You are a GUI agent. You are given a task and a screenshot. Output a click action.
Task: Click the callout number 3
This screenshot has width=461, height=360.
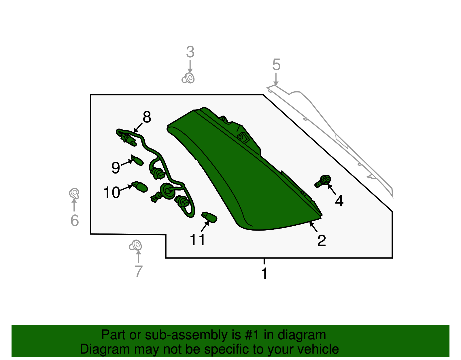[x=190, y=52]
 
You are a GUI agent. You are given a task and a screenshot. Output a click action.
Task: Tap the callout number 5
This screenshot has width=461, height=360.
[x=276, y=65]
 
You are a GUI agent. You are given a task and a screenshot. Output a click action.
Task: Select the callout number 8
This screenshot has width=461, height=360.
[x=147, y=117]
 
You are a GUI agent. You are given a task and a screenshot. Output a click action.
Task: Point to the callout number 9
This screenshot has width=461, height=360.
[x=116, y=167]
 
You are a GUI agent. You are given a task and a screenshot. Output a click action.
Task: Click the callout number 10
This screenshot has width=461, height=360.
[x=112, y=192]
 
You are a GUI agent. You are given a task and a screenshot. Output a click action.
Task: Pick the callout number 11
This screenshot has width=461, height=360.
[x=197, y=240]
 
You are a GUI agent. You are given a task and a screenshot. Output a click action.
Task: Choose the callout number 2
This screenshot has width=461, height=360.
[x=322, y=241]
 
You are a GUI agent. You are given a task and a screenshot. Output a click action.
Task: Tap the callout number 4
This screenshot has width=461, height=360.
[x=339, y=201]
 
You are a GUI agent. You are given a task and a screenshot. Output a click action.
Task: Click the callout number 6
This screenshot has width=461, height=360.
[x=75, y=220]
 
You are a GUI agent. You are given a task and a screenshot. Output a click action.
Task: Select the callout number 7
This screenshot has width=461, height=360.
[x=139, y=271]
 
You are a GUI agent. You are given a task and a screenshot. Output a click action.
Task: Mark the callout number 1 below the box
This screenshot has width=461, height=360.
[x=264, y=274]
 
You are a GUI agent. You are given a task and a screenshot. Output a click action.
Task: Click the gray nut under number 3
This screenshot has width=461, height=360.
[x=188, y=78]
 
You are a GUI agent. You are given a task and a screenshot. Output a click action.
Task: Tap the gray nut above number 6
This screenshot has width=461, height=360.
[x=74, y=193]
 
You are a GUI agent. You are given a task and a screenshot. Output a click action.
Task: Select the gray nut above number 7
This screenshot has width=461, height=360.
[x=135, y=245]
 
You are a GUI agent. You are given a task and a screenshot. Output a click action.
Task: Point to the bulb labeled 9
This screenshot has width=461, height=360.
[x=137, y=160]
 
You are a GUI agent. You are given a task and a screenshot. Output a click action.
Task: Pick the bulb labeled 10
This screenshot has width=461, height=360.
[x=139, y=187]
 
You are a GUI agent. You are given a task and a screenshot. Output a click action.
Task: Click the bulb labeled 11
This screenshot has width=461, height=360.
[x=209, y=217]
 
